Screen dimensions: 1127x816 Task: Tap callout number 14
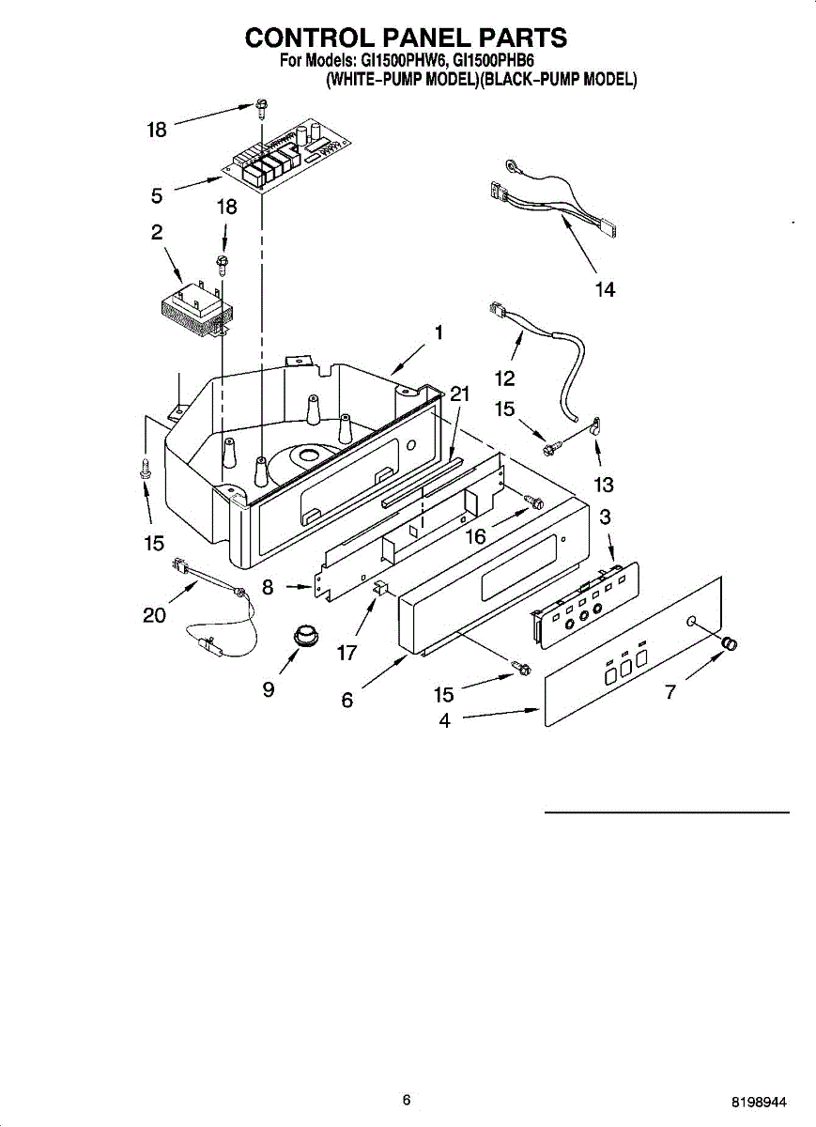click(606, 290)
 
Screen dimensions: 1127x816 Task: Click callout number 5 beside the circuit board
click(157, 195)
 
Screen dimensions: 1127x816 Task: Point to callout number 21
click(459, 394)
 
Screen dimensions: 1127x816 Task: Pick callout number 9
click(269, 689)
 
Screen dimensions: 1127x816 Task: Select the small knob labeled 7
click(730, 644)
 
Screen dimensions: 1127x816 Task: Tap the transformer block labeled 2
click(194, 307)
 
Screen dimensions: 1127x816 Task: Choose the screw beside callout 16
click(535, 502)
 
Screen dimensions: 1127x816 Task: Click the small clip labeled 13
click(594, 426)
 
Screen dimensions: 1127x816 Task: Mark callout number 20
click(154, 615)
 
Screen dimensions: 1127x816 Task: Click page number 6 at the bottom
click(406, 1100)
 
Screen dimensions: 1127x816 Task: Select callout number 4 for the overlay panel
click(445, 721)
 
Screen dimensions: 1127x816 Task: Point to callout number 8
click(269, 588)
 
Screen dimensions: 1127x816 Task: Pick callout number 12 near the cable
click(505, 378)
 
